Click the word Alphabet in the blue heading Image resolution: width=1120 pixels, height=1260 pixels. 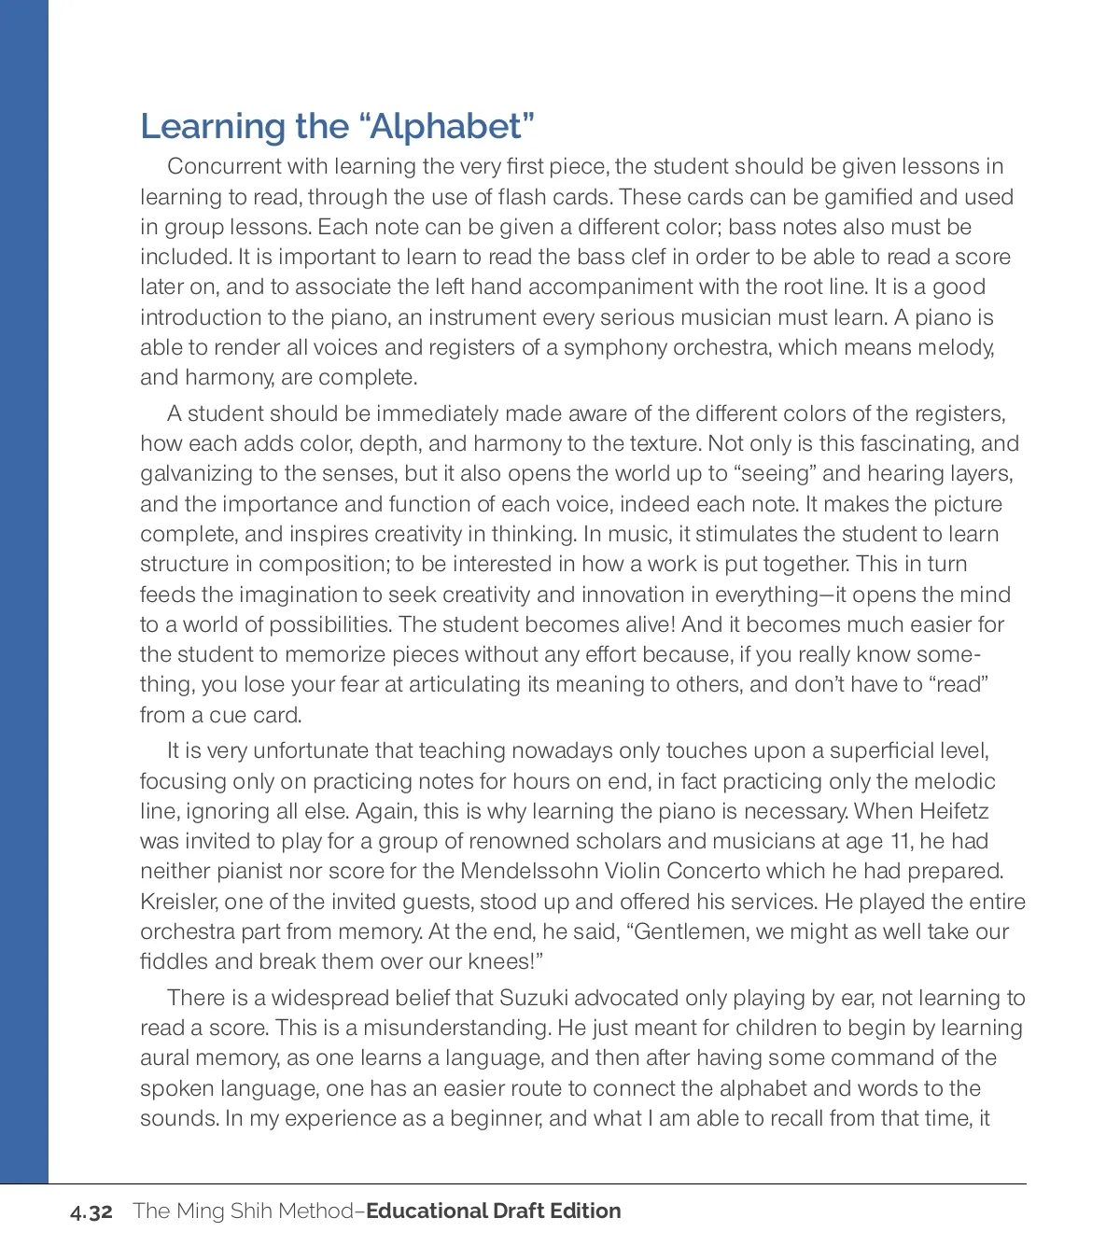[x=447, y=126]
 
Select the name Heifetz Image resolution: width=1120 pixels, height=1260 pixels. [x=954, y=811]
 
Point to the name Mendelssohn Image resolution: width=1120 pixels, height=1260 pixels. [x=529, y=871]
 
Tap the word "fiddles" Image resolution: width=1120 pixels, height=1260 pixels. [x=172, y=961]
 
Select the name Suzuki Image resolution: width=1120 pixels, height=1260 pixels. [x=534, y=998]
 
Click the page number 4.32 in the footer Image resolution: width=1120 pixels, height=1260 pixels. [x=91, y=1211]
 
